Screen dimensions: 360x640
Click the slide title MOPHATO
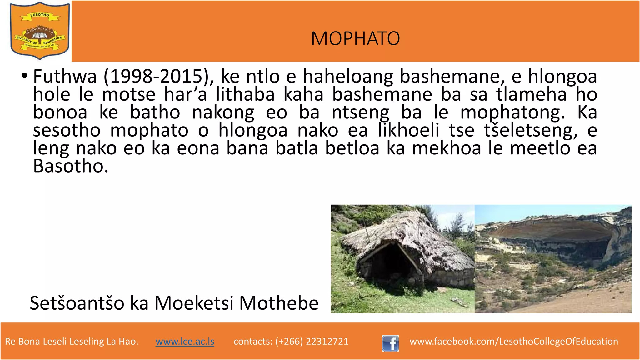coord(355,38)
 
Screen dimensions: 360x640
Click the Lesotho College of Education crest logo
coord(39,31)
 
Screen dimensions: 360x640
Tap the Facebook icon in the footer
coord(390,343)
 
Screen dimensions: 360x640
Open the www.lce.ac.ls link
coord(185,341)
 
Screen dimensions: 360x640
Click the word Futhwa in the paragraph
coord(65,76)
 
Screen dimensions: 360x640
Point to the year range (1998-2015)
coord(159,76)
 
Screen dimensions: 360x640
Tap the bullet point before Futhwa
coord(24,76)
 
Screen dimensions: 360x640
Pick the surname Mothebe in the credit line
coord(279,303)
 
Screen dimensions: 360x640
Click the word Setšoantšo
coord(77,303)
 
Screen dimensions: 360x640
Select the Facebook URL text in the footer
coord(514,341)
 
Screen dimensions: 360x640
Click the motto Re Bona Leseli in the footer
coord(72,341)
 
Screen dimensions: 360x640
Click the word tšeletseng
coord(531,130)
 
